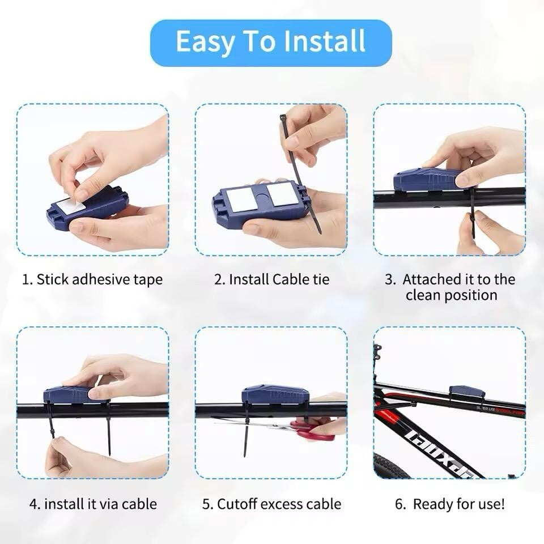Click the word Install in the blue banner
[x=324, y=41]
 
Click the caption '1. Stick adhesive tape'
[x=92, y=279]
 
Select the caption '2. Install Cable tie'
[x=271, y=279]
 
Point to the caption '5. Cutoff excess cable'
[x=271, y=504]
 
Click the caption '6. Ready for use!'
[x=450, y=504]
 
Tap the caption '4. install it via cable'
[x=93, y=504]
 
